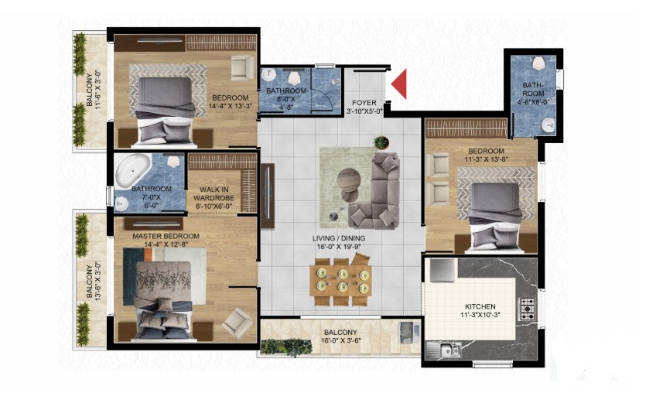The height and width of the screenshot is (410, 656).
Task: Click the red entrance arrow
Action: [x=401, y=84]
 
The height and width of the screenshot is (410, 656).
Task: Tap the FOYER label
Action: [x=364, y=103]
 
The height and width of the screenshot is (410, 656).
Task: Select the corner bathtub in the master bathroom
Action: [x=132, y=169]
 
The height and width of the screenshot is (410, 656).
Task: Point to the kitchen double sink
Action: [x=444, y=349]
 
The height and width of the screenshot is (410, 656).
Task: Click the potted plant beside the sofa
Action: [x=381, y=142]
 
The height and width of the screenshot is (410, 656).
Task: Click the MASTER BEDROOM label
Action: [x=166, y=237]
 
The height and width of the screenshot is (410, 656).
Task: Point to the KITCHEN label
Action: [x=480, y=306]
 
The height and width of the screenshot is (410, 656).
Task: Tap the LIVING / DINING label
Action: [x=339, y=238]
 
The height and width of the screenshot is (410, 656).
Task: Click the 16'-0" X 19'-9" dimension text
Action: [x=339, y=247]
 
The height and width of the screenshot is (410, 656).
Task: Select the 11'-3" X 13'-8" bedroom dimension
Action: [x=486, y=159]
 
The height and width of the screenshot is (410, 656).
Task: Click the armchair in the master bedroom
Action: [x=237, y=322]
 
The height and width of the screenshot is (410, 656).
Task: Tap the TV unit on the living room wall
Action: [x=268, y=196]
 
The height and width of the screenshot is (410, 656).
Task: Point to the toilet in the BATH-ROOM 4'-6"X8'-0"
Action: [x=539, y=63]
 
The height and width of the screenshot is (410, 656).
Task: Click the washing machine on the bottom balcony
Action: [x=406, y=333]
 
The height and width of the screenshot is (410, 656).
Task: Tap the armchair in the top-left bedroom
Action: [x=242, y=67]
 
